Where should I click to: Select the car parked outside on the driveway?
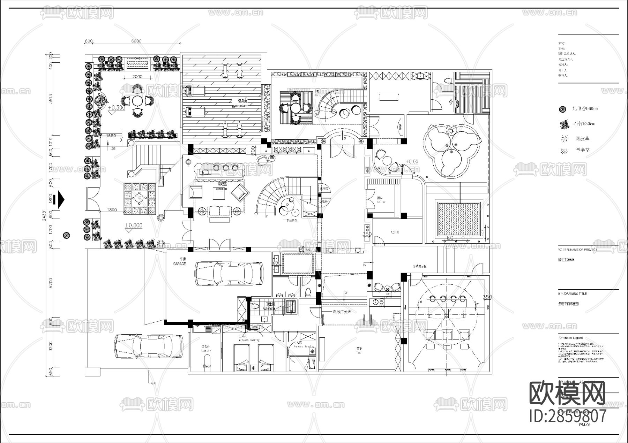click(149, 346)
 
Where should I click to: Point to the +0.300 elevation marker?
click(116, 108)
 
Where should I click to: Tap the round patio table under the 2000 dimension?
click(138, 101)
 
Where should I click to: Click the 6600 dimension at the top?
click(136, 41)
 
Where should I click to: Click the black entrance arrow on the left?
click(61, 199)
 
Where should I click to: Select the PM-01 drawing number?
click(584, 425)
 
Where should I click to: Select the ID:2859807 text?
click(568, 415)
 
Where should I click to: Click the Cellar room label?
click(381, 202)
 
